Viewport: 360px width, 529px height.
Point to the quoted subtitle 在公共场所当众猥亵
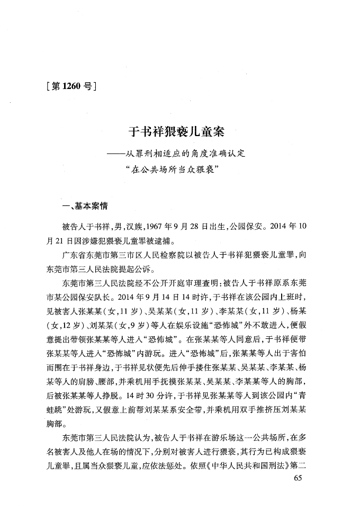click(x=181, y=172)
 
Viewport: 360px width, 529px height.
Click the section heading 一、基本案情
click(x=85, y=205)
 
